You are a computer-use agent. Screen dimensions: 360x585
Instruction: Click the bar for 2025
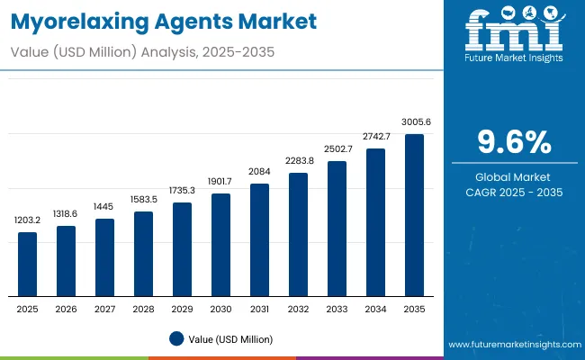28,264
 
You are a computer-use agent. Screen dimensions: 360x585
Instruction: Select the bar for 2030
220,244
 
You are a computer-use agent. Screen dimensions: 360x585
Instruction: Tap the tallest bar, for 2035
414,215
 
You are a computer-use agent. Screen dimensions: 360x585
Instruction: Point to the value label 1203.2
28,220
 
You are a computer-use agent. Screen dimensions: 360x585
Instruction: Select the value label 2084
259,172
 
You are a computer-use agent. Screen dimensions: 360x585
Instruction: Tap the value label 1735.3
182,191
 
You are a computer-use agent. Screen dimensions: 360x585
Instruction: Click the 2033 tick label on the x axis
337,308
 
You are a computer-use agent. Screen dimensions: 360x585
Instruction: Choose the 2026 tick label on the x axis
67,308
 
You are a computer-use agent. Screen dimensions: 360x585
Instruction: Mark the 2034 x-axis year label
375,308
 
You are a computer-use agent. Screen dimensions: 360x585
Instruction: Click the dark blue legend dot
176,339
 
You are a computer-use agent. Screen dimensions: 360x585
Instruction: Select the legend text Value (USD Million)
231,339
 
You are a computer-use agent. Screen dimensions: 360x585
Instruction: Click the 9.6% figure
513,142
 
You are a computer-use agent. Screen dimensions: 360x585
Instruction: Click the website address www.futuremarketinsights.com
512,345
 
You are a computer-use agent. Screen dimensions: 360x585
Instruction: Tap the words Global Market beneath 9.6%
513,176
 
